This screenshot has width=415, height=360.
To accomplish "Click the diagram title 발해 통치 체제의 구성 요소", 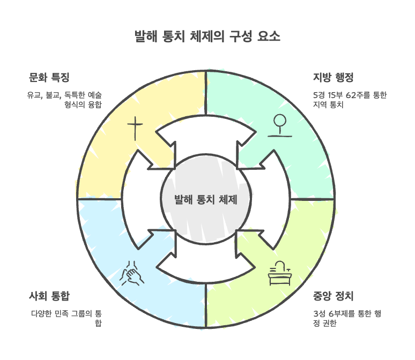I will click(x=207, y=37).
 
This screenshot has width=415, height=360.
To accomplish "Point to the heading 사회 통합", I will click(x=49, y=296).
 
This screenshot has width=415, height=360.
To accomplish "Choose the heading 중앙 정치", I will click(x=333, y=296).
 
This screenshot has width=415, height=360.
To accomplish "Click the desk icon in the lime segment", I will click(x=279, y=274).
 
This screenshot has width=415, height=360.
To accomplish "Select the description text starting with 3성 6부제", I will click(x=346, y=318).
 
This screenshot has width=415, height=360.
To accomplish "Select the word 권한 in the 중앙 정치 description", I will click(x=329, y=323).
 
